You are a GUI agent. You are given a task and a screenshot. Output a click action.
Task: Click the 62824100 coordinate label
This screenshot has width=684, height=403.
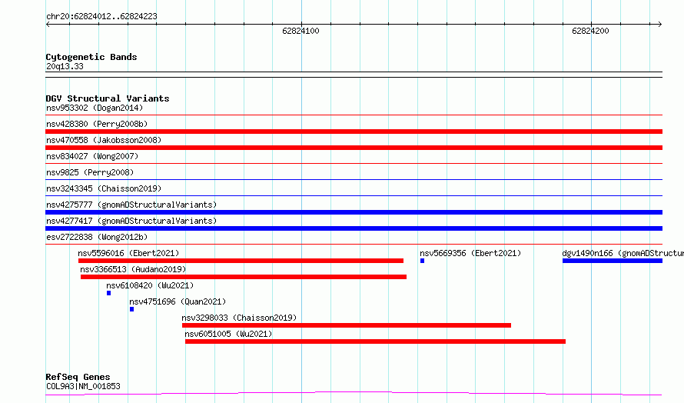pos(300,31)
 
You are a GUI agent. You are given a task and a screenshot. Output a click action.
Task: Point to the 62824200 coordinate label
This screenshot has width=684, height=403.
pos(590,31)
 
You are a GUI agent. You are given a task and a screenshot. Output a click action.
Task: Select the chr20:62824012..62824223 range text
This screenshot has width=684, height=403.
pos(101,17)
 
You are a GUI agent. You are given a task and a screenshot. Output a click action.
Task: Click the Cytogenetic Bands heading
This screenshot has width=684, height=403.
pos(91,57)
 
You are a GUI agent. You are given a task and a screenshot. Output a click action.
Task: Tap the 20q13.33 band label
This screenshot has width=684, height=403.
pos(65,66)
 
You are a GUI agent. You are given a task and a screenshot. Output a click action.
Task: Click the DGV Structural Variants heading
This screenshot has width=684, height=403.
pos(108,98)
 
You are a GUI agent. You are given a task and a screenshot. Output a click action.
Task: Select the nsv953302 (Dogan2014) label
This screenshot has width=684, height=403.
pos(95,108)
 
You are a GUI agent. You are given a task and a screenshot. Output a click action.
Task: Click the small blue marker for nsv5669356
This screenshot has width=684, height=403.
pos(422,261)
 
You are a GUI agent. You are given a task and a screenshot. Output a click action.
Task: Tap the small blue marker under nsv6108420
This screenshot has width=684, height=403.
pos(108,293)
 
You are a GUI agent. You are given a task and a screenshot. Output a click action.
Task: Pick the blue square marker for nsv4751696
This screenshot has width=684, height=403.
pos(131,309)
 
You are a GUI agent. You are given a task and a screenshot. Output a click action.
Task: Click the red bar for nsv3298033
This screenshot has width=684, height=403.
pos(347,325)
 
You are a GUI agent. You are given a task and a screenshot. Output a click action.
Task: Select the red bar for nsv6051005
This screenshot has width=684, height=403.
pos(375,341)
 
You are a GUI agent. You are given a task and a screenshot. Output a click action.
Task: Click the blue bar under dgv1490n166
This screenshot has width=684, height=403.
pos(613,261)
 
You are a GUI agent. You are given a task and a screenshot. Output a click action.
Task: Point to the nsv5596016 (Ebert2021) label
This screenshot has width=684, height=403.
pos(128,253)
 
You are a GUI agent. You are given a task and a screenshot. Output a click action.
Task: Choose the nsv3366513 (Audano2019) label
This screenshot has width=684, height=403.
pos(133,269)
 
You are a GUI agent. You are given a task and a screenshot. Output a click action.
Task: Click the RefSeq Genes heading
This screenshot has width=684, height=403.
pos(78,377)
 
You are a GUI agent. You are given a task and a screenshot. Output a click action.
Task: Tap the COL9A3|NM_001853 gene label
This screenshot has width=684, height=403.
pos(83,386)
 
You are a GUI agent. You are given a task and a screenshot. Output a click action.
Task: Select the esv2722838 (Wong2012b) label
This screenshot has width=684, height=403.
pos(97,237)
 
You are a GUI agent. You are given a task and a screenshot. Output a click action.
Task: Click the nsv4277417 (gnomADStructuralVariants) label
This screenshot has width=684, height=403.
pos(131,221)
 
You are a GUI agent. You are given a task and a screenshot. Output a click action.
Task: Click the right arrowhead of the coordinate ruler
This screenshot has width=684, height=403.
pos(660,25)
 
